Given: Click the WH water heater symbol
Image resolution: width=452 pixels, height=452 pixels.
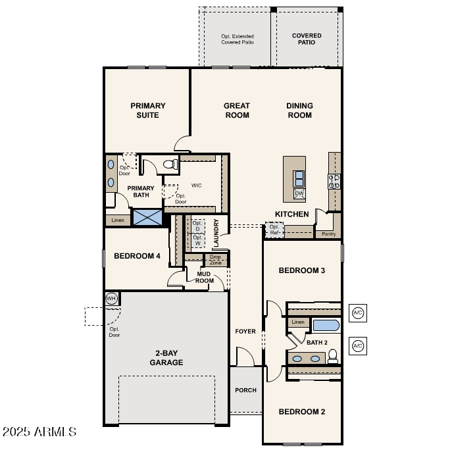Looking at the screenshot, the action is [x=111, y=298].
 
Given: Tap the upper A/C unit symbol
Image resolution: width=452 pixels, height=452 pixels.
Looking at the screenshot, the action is [x=358, y=313].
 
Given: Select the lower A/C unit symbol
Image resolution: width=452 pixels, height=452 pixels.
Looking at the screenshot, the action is [x=358, y=346].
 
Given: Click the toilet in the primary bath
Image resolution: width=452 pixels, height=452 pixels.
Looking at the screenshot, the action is [x=170, y=164].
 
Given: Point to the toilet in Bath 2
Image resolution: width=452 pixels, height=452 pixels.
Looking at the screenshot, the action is [x=333, y=357].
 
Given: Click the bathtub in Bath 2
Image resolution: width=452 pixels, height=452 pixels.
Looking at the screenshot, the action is [x=326, y=325].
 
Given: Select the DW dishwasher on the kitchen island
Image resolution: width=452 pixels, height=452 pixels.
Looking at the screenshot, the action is [x=299, y=193].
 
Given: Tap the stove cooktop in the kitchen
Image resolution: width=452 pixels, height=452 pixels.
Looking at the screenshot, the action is [x=334, y=182].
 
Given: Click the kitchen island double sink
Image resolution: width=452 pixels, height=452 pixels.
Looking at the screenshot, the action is [x=299, y=179].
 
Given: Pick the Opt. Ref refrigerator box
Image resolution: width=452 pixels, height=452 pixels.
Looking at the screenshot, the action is [x=274, y=230].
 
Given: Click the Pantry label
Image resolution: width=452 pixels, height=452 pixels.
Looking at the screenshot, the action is [x=328, y=234].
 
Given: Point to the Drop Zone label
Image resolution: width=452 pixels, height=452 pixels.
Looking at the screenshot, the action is [x=215, y=260].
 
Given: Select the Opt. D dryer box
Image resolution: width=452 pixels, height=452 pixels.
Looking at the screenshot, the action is [x=197, y=226].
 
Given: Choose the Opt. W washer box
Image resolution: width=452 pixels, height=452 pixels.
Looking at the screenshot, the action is [x=197, y=240].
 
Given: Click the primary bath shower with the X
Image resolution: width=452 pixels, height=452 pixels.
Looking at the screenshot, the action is [x=147, y=217].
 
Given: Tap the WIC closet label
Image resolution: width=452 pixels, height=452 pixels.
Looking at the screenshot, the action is [x=196, y=186].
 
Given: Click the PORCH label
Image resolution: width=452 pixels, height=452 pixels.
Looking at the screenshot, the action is [x=245, y=390].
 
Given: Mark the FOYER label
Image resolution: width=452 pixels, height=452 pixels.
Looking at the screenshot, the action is [x=245, y=331].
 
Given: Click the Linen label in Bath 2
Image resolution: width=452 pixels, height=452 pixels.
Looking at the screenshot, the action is [x=298, y=322].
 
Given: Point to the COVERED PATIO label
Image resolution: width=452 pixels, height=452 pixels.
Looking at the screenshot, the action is [x=307, y=39].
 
